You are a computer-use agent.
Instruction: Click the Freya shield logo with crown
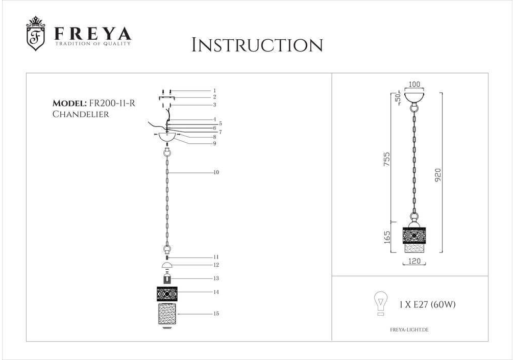pyautogui.click(x=35, y=34)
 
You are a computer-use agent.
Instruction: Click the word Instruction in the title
pyautogui.click(x=257, y=45)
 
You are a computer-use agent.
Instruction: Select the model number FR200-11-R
pyautogui.click(x=112, y=103)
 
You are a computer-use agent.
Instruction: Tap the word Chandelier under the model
pyautogui.click(x=81, y=114)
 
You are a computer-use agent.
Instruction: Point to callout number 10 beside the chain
pyautogui.click(x=216, y=172)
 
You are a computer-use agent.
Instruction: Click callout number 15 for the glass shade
pyautogui.click(x=216, y=314)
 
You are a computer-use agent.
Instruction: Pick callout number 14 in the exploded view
pyautogui.click(x=216, y=292)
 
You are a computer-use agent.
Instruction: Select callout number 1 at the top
pyautogui.click(x=214, y=91)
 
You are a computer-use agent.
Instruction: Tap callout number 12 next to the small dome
pyautogui.click(x=216, y=265)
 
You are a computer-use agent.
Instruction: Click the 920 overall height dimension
pyautogui.click(x=438, y=175)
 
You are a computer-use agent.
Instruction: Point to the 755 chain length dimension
pyautogui.click(x=387, y=159)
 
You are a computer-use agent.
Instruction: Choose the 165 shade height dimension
pyautogui.click(x=387, y=237)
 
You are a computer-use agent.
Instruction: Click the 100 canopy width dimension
pyautogui.click(x=414, y=84)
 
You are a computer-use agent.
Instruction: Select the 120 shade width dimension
pyautogui.click(x=414, y=261)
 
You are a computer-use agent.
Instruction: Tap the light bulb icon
pyautogui.click(x=381, y=303)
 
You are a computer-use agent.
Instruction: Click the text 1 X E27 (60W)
pyautogui.click(x=427, y=304)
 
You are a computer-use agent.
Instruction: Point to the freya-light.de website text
pyautogui.click(x=409, y=330)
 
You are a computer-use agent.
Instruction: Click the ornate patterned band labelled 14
pyautogui.click(x=167, y=294)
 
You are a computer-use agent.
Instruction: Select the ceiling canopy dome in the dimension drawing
pyautogui.click(x=414, y=98)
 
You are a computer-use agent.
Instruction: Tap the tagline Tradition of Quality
pyautogui.click(x=93, y=44)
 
